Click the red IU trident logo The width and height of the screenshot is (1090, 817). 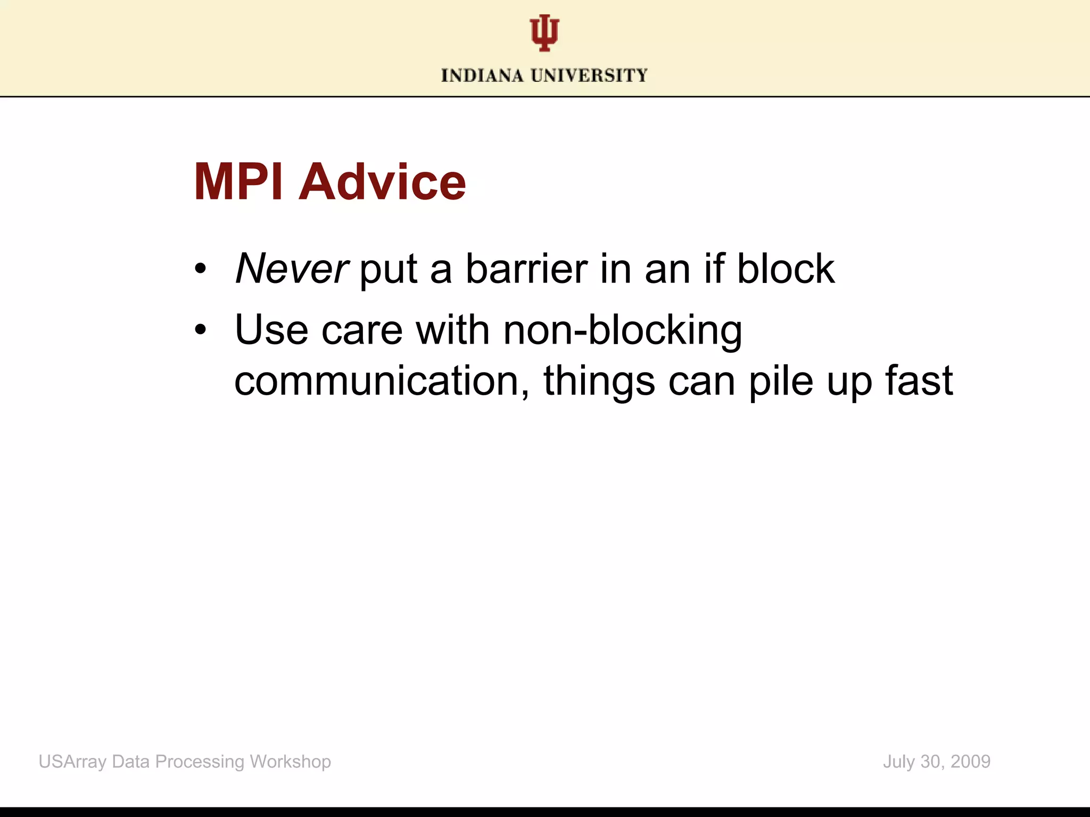click(x=544, y=33)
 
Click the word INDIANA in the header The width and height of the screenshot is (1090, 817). click(x=482, y=76)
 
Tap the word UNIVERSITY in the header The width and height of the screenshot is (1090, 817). click(x=589, y=76)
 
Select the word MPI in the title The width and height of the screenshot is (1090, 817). click(x=238, y=182)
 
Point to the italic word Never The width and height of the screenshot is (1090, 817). click(x=292, y=269)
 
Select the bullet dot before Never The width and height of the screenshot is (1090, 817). click(x=200, y=269)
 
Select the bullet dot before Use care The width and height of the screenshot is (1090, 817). click(x=200, y=330)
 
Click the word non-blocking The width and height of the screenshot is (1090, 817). click(x=622, y=330)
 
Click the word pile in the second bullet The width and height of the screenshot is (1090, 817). click(x=781, y=381)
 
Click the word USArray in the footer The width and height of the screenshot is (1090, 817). click(x=72, y=762)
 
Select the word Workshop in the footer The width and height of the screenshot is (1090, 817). click(x=290, y=762)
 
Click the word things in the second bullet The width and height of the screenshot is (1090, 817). click(x=599, y=381)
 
